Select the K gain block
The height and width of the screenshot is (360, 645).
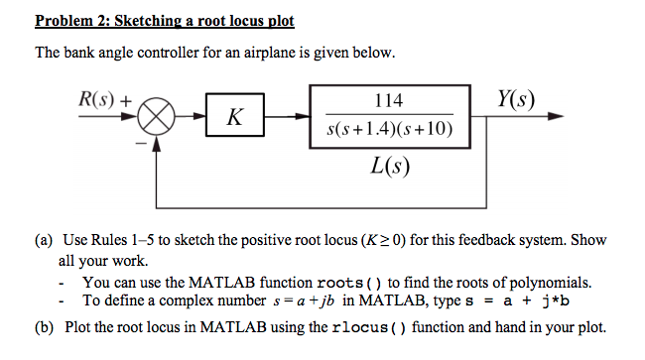coord(233,118)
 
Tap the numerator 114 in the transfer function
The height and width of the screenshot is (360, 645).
coord(388,99)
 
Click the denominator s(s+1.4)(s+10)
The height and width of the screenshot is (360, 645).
coord(388,131)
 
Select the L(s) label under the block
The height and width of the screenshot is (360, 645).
coord(388,165)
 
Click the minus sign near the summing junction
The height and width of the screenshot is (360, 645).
coord(140,145)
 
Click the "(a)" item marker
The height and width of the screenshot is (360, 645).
coord(45,240)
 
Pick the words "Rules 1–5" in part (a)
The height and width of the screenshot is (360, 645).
coord(128,240)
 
